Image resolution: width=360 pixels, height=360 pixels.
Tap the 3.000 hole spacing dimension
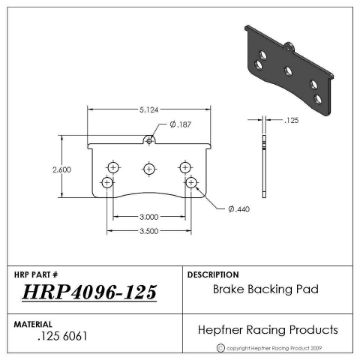149,216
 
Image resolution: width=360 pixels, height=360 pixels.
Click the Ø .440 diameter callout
239,208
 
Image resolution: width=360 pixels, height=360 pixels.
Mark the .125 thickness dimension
292,119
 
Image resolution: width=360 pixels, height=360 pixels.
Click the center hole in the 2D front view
149,167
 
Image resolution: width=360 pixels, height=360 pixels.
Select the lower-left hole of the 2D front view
107,183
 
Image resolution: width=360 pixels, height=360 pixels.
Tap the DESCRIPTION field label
213,274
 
